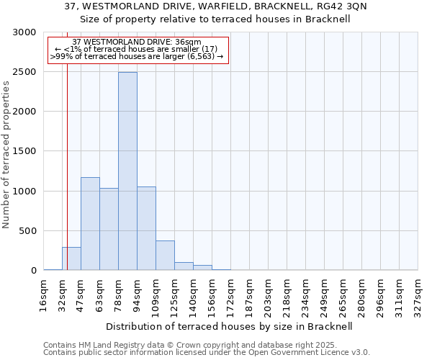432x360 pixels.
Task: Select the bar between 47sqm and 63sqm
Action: click(90, 223)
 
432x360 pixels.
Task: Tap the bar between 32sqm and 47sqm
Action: click(71, 258)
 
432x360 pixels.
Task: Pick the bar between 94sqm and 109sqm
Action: click(146, 228)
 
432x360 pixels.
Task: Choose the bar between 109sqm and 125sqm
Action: click(165, 256)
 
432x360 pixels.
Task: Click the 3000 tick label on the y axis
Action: click(24, 32)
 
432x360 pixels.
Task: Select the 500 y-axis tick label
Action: click(27, 231)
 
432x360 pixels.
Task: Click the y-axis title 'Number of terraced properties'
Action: click(6, 155)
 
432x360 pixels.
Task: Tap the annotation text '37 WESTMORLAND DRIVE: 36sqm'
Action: click(137, 42)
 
